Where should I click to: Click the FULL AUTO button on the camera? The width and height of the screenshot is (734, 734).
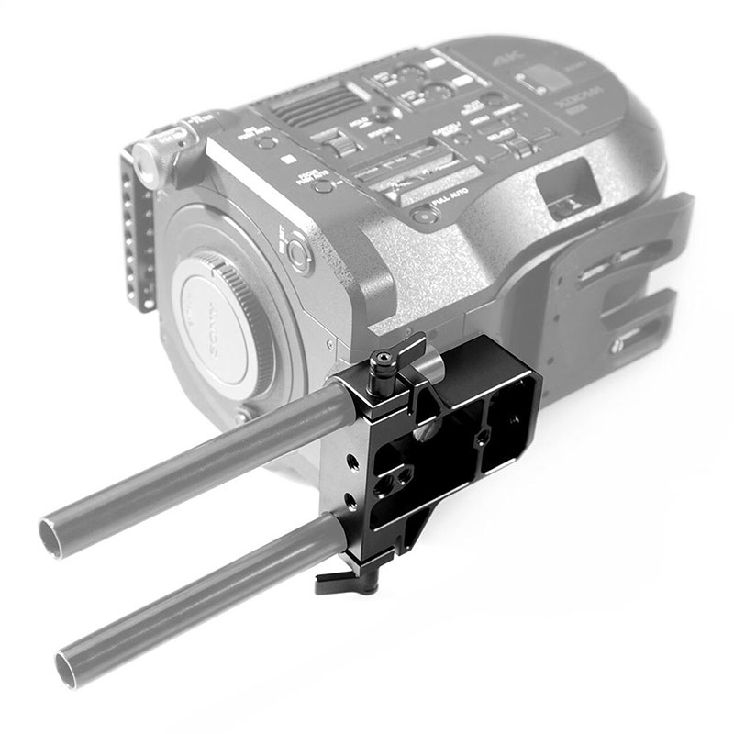tap(423, 217)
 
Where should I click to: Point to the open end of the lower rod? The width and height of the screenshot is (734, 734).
tap(71, 661)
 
